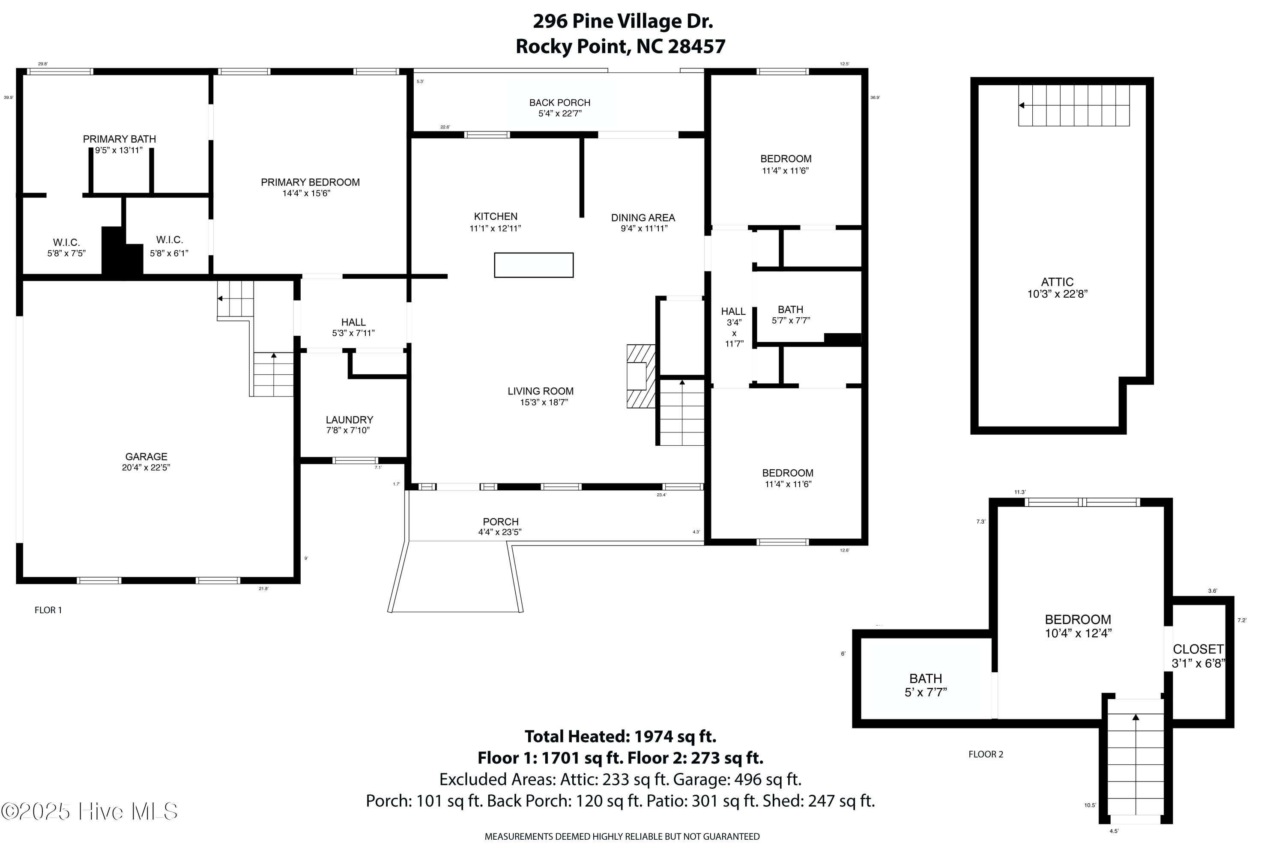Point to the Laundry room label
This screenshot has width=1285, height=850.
pyautogui.click(x=349, y=420)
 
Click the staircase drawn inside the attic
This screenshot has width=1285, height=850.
pyautogui.click(x=1073, y=106)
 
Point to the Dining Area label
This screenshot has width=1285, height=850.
pyautogui.click(x=642, y=218)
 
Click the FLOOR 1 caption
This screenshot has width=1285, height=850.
pyautogui.click(x=48, y=610)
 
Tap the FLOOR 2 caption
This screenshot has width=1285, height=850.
pyautogui.click(x=986, y=755)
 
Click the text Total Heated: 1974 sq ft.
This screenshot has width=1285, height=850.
pyautogui.click(x=620, y=737)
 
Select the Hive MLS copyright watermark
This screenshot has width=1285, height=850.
pyautogui.click(x=90, y=811)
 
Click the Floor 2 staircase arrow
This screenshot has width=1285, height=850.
pyautogui.click(x=1136, y=718)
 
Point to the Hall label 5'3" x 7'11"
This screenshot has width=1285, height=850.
pyautogui.click(x=353, y=322)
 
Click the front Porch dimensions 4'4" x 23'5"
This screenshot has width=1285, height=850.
pyautogui.click(x=500, y=532)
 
